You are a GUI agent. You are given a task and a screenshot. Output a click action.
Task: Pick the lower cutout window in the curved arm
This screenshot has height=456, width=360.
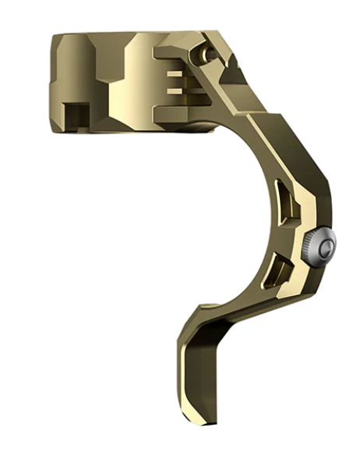(x=278, y=273)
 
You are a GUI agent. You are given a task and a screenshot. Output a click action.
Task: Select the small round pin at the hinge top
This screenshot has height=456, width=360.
(x=206, y=52)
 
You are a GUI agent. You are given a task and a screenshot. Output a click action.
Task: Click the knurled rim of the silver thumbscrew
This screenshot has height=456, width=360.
(x=309, y=250)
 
